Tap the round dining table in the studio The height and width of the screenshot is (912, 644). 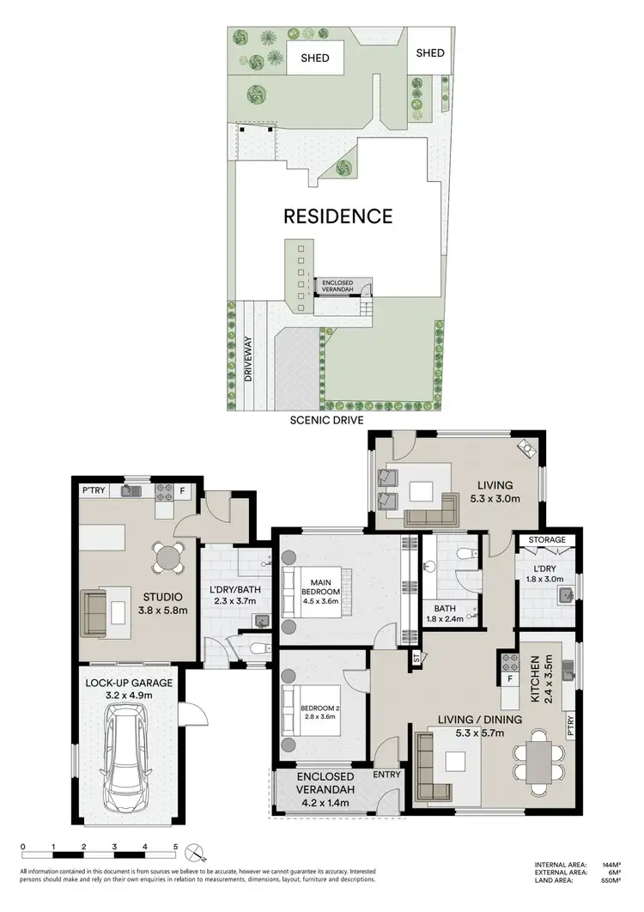pyautogui.click(x=165, y=557)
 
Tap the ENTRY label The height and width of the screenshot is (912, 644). pyautogui.click(x=387, y=775)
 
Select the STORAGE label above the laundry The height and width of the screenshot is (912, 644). pyautogui.click(x=547, y=540)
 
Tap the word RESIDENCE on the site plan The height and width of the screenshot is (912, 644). pyautogui.click(x=338, y=216)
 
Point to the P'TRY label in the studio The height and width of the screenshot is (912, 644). pyautogui.click(x=93, y=491)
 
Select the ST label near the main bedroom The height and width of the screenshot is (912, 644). pyautogui.click(x=416, y=658)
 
